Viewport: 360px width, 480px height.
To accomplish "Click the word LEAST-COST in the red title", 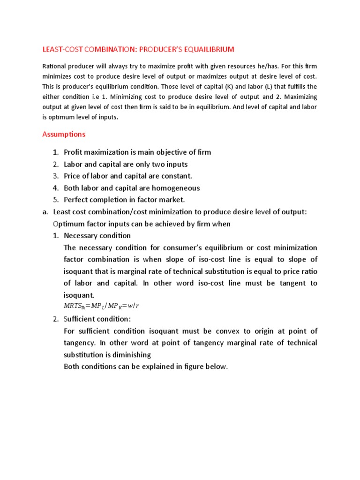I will coord(62,49).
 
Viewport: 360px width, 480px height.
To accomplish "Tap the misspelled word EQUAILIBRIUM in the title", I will coord(208,49).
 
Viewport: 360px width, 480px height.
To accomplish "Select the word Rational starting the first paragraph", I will coord(54,66).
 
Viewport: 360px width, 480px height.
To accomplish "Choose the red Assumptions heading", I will coord(64,134).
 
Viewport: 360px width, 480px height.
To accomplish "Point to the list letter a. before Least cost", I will coord(45,212).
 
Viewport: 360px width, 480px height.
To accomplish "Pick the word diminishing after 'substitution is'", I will coord(130,355).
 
